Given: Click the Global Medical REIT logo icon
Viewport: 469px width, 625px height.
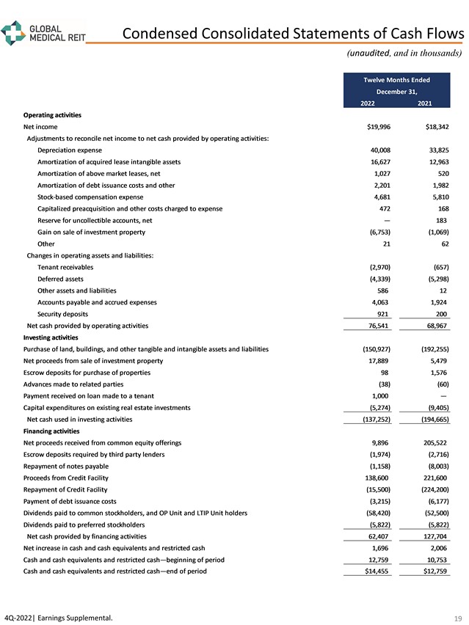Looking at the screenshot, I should tap(13, 33).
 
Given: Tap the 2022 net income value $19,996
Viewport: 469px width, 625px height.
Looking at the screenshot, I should tap(378, 127).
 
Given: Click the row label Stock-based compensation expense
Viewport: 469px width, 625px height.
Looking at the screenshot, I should tap(90, 197).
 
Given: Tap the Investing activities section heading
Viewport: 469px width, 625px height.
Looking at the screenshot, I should tap(56, 337).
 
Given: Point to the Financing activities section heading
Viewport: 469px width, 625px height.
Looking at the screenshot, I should tap(57, 431).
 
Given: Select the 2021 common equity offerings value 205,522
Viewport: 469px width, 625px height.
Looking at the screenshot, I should tap(433, 443).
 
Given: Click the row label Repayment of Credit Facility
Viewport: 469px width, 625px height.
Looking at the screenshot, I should tap(66, 489).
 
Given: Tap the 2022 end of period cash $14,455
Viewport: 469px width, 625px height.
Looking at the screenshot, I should tap(378, 571).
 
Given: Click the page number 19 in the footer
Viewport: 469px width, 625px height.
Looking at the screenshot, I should tap(459, 618).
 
